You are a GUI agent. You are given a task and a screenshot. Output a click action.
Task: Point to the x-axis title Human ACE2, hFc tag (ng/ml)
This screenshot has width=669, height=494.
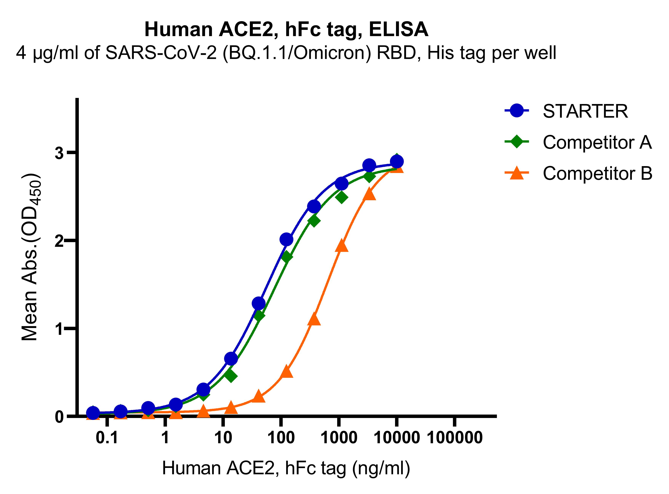pyautogui.click(x=286, y=468)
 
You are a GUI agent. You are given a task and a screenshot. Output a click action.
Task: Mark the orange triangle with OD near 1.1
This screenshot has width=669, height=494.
pyautogui.click(x=314, y=319)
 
